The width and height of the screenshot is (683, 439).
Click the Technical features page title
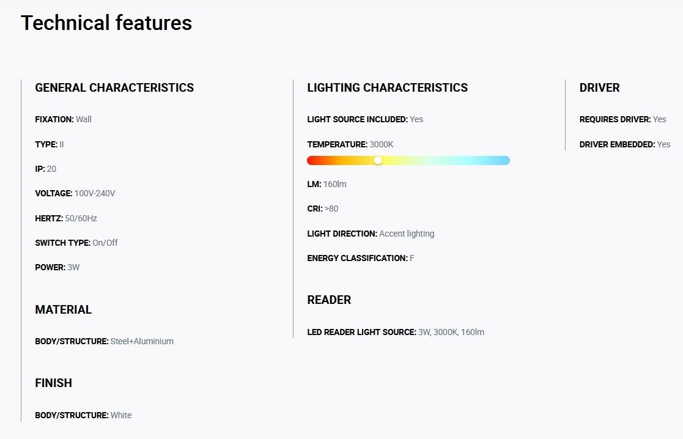tap(106, 23)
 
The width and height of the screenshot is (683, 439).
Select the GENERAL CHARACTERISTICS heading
tap(114, 87)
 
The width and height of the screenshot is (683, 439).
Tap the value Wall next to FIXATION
tap(84, 119)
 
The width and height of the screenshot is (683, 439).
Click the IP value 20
tap(51, 169)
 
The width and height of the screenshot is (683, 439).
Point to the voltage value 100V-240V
tap(95, 193)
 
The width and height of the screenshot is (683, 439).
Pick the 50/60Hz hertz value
tap(81, 218)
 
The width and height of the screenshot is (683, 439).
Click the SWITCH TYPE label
tap(63, 243)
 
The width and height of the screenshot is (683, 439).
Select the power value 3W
tap(73, 267)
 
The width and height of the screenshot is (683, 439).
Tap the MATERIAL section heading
tap(63, 309)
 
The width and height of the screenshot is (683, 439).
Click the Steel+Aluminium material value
tap(142, 341)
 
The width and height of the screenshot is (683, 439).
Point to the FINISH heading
tap(54, 383)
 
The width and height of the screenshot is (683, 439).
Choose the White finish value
tap(121, 416)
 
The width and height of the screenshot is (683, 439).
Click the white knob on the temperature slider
tap(378, 160)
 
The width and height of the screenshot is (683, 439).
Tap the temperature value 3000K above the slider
tap(382, 144)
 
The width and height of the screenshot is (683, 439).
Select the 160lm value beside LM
tap(335, 184)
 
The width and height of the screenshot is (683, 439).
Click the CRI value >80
tap(331, 208)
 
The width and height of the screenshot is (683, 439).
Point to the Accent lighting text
tap(407, 234)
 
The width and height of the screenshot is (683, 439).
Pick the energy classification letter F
tap(412, 258)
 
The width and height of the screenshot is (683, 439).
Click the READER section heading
tap(329, 300)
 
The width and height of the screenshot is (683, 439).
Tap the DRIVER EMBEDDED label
tap(617, 144)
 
